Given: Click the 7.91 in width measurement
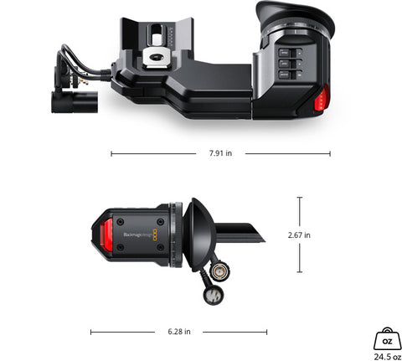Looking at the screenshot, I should click(220, 154).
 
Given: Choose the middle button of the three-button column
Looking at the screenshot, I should click(286, 62).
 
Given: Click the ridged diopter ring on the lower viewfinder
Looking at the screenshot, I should click(175, 235).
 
